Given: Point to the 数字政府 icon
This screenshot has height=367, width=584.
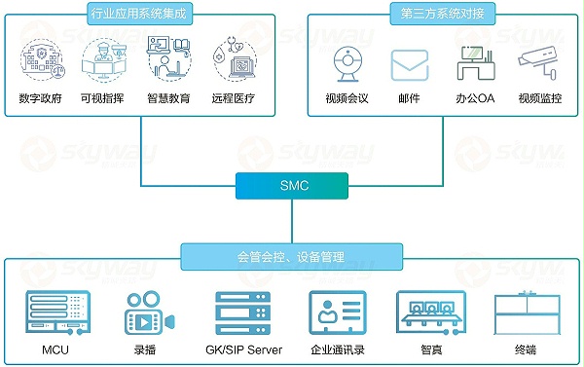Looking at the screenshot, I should click(x=41, y=58).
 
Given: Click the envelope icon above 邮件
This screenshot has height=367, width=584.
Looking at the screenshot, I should click(x=409, y=64).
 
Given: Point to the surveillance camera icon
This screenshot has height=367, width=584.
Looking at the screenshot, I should click(x=537, y=64).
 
